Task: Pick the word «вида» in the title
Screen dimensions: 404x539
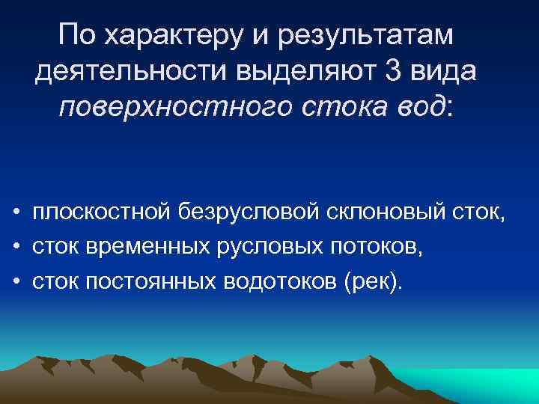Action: pos(446,72)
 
